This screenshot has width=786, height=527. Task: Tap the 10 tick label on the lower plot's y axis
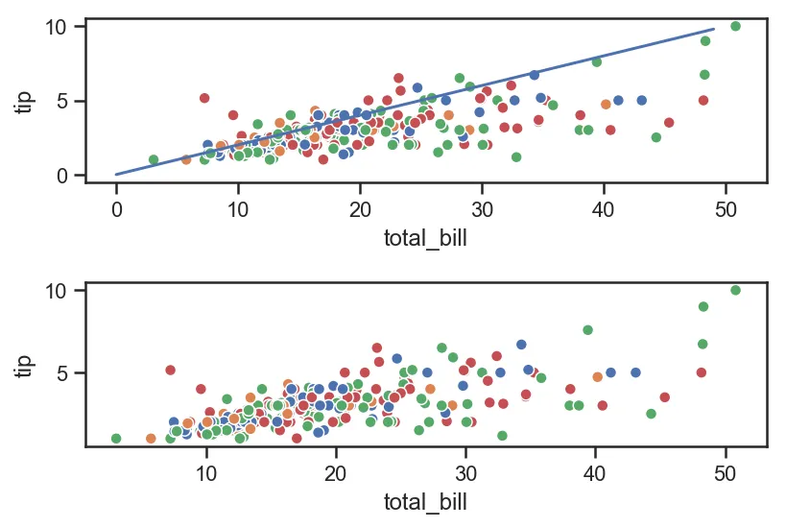point(55,290)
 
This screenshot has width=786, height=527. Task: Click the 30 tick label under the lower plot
point(465,475)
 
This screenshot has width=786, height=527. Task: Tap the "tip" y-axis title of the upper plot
point(27,100)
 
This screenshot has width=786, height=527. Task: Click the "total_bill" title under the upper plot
point(425,237)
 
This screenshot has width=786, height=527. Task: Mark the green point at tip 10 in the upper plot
point(735,26)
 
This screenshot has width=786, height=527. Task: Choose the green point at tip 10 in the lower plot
point(735,290)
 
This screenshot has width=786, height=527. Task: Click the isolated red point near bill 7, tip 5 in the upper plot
point(204,98)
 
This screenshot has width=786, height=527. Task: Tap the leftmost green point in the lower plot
point(116,439)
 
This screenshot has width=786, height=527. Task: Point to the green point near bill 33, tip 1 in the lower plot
point(502,435)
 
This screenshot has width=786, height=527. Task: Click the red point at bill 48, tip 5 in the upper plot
point(703,100)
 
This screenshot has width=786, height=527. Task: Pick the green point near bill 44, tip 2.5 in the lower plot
point(651,414)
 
